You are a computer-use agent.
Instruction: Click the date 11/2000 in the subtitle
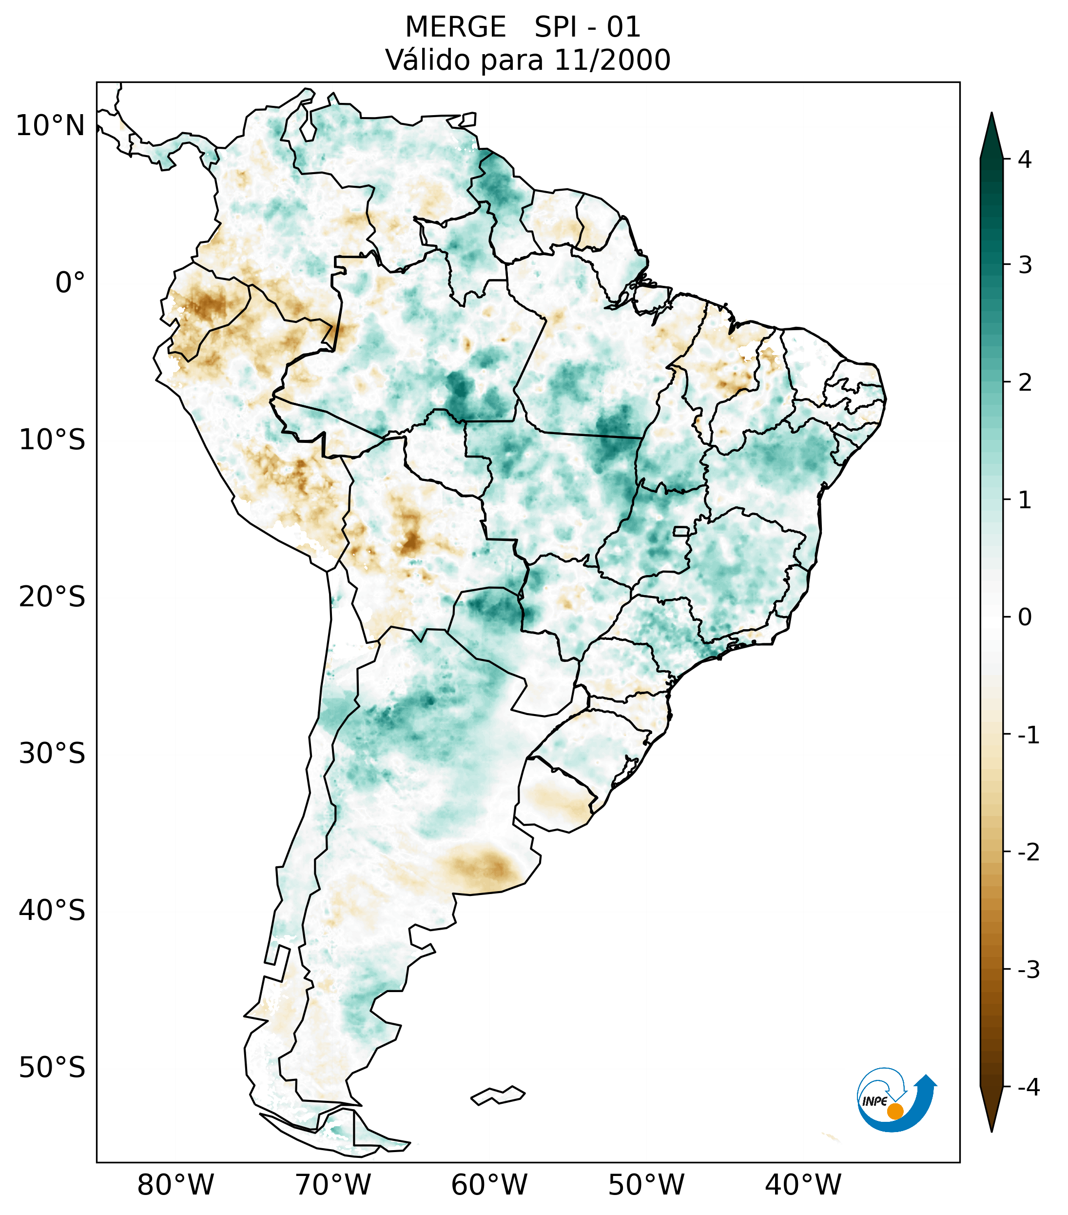click(612, 60)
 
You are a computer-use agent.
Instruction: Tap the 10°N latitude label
click(51, 126)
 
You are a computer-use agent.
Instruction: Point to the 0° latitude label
click(70, 283)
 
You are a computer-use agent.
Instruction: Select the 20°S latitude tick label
click(52, 597)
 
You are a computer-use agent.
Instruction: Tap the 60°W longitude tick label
click(489, 1185)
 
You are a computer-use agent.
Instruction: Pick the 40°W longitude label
click(803, 1185)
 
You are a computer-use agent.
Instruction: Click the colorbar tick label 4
click(1025, 159)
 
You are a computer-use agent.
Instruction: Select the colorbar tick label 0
click(1025, 617)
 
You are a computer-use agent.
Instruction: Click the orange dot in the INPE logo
click(894, 1111)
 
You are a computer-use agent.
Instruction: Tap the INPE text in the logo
click(874, 1101)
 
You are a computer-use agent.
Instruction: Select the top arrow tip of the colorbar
click(991, 115)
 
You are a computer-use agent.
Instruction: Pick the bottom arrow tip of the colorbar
click(991, 1130)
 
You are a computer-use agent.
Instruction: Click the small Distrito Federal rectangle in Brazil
click(681, 531)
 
